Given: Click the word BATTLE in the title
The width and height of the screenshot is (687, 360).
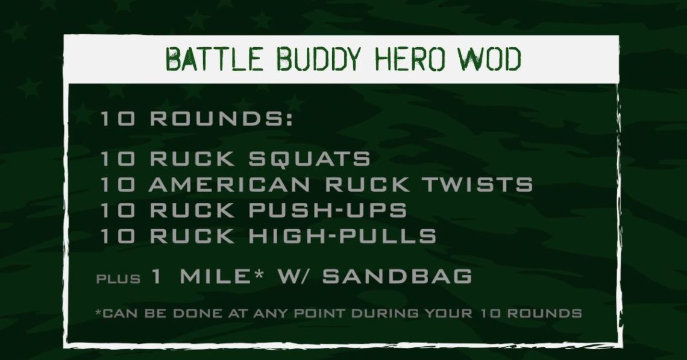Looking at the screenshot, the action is tap(215, 59).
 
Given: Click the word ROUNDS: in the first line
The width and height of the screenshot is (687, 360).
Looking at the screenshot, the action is tap(222, 119).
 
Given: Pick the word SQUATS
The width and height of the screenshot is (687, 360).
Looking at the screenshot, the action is tap(310, 159).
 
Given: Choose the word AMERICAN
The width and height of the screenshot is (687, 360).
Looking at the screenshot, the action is tap(230, 185).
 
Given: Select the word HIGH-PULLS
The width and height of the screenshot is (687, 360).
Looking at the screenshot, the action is tap(343, 236).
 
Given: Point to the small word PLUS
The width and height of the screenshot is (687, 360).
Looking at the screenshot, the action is tap(118, 279).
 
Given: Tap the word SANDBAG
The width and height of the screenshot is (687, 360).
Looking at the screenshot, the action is tap(397, 276).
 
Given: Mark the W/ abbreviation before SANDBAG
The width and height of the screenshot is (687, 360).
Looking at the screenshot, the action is tap(293, 276).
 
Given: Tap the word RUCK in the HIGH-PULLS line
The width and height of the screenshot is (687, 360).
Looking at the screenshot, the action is tap(192, 236).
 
